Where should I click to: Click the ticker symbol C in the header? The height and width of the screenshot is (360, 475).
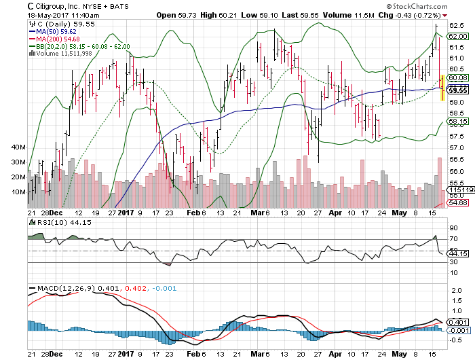click(31, 5)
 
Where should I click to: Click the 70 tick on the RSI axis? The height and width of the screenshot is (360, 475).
click(452, 239)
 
